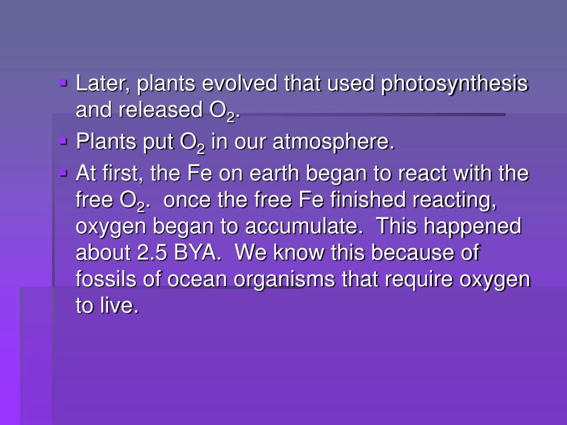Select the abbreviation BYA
(198, 253)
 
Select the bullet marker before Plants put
(63, 142)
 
